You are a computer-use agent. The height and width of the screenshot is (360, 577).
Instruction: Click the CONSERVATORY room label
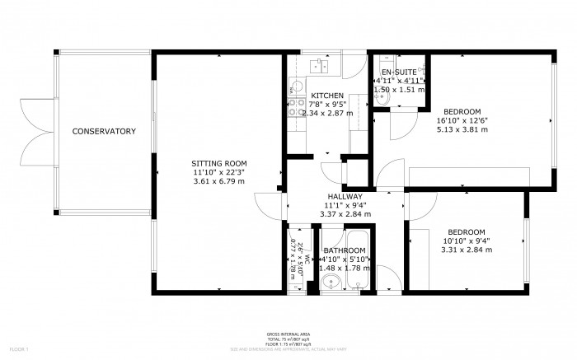point(103,132)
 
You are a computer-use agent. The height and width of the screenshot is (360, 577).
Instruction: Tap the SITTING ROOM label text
point(218,163)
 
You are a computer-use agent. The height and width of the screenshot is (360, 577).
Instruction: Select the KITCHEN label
point(327,96)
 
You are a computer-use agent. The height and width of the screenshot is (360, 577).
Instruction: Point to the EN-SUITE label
point(399,72)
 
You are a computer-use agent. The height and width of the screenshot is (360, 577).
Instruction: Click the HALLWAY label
point(345,196)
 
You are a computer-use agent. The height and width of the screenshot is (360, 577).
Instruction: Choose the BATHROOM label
point(345,250)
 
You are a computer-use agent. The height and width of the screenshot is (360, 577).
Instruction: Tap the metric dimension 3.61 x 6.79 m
point(218,181)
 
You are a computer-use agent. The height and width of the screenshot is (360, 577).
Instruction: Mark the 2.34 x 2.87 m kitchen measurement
point(327,114)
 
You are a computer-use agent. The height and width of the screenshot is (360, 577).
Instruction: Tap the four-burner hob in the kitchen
point(294,105)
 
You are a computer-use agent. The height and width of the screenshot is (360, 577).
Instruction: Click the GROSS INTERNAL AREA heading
point(288,334)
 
